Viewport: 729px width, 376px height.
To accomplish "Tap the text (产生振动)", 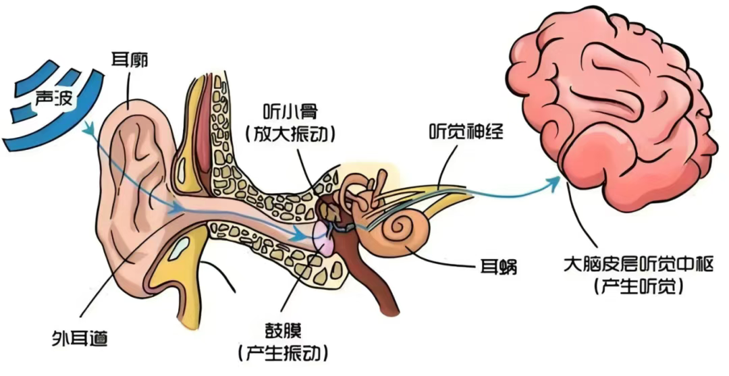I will pyautogui.click(x=283, y=352).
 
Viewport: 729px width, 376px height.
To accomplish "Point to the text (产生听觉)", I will pyautogui.click(x=639, y=286).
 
